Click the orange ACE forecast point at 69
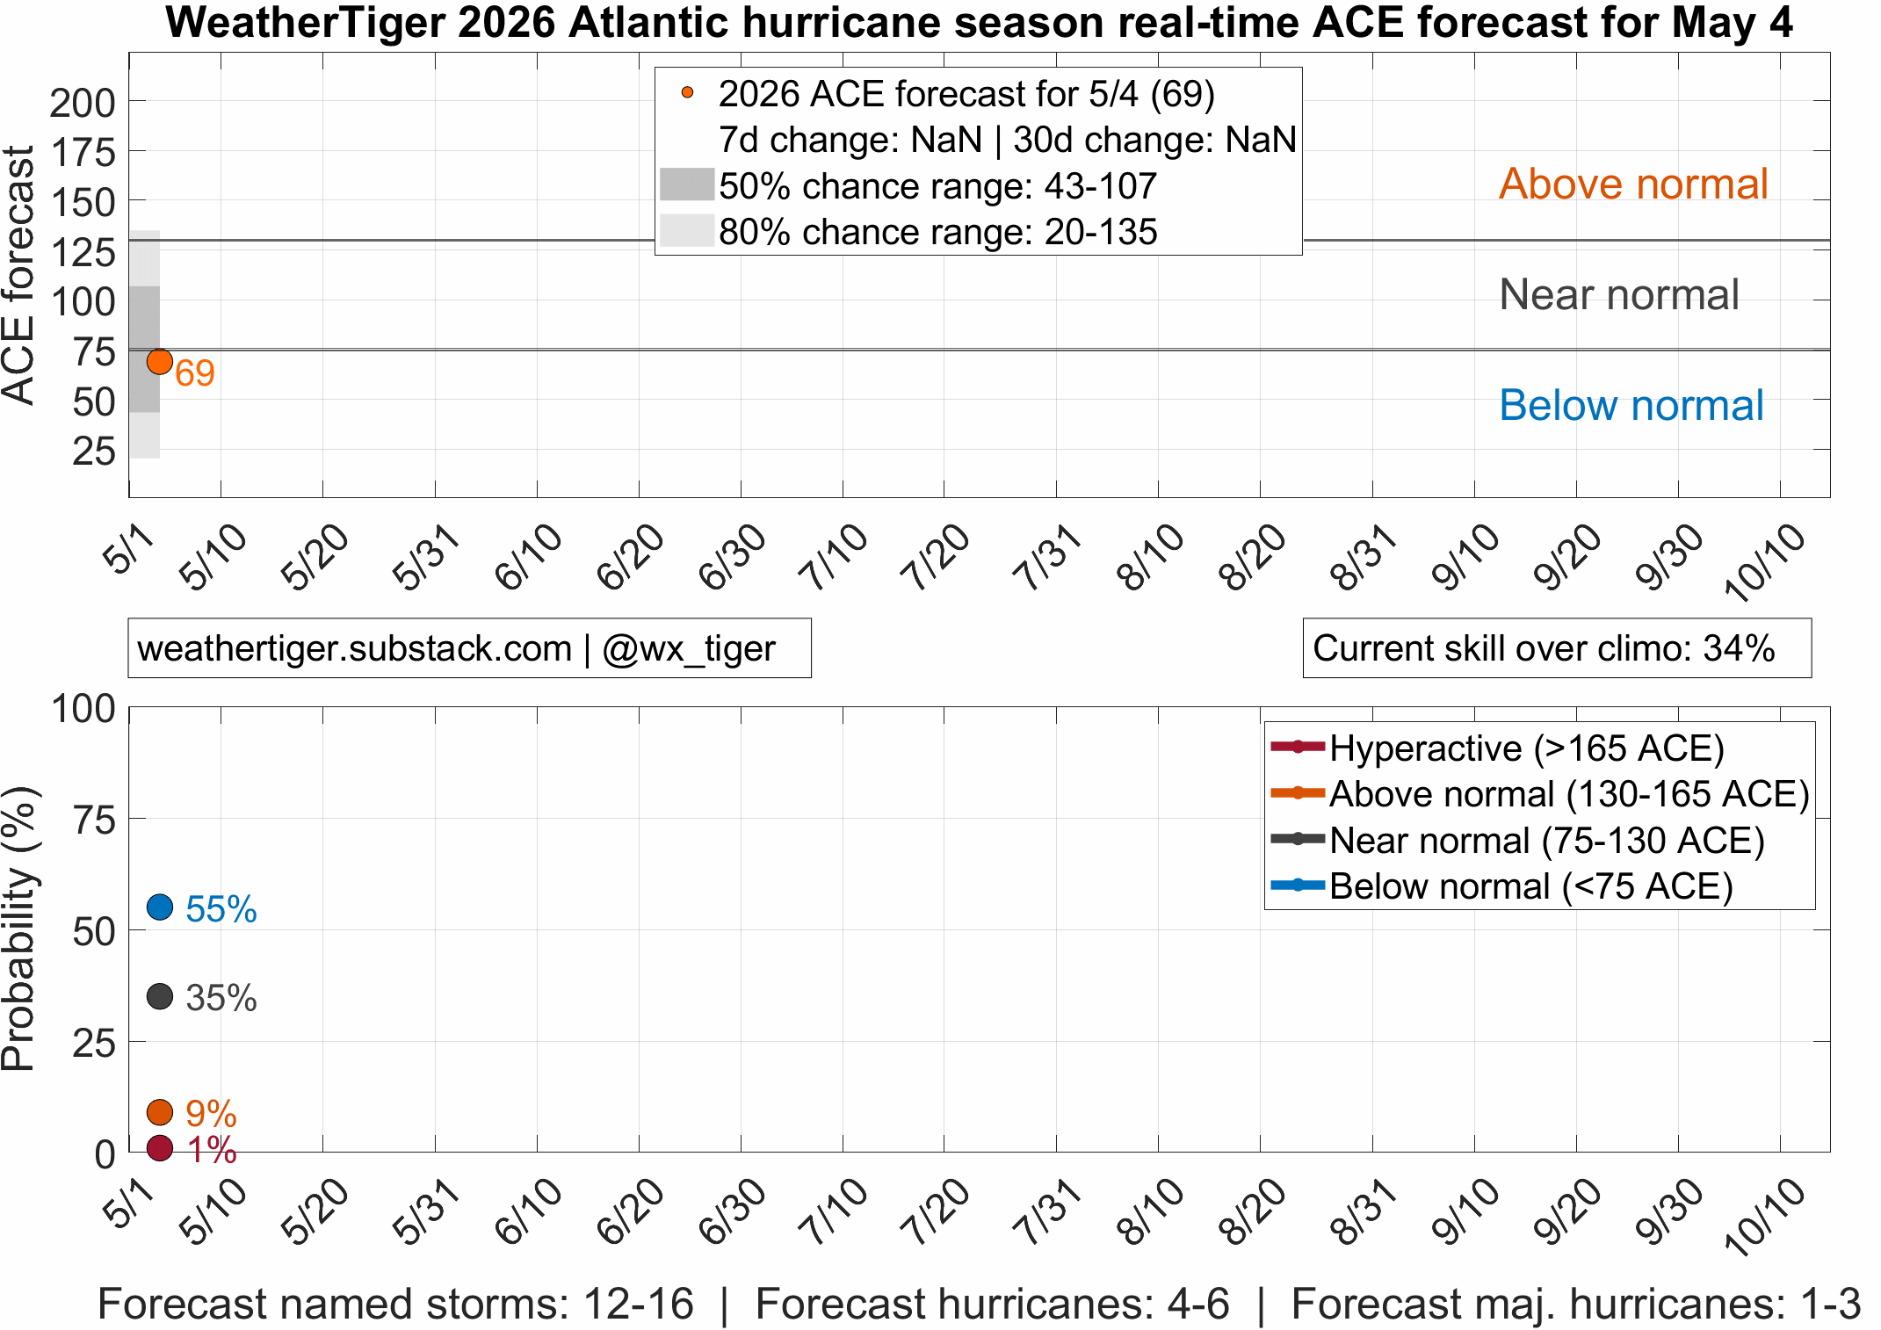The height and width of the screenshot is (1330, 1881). [x=159, y=361]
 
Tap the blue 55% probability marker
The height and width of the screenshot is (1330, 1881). [x=160, y=907]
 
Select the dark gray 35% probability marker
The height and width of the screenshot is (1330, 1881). [x=160, y=996]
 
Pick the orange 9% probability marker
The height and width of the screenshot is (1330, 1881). [x=160, y=1112]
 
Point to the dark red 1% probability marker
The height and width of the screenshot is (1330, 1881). [x=160, y=1147]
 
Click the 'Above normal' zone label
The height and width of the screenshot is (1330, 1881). [x=1633, y=184]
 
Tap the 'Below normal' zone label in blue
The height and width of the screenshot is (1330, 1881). [x=1631, y=405]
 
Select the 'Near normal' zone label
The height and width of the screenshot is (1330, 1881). [x=1619, y=294]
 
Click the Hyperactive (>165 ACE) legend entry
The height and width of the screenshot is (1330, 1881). [x=1498, y=748]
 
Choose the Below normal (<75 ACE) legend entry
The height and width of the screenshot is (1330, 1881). [x=1502, y=885]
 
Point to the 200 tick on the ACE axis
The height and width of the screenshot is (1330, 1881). [x=83, y=103]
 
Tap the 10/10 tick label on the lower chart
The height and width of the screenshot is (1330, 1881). [x=1765, y=1216]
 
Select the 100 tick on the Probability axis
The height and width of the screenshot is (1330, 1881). [x=83, y=708]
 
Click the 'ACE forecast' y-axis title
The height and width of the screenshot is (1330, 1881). [x=18, y=275]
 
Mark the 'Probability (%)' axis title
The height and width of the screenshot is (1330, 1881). [x=18, y=929]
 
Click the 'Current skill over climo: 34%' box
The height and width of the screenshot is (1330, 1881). [x=1557, y=648]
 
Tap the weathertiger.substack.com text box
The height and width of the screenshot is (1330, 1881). [x=469, y=648]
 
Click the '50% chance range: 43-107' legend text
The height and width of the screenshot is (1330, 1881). [x=937, y=186]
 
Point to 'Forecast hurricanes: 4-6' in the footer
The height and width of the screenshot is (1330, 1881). [x=992, y=1304]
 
